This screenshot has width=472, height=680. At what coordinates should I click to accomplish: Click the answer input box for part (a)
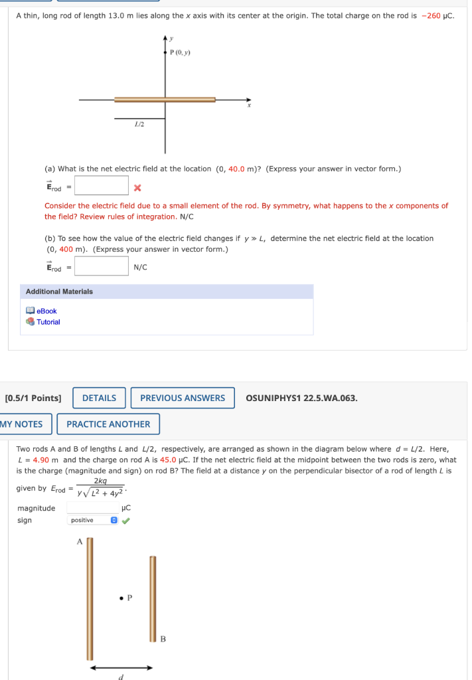(x=101, y=185)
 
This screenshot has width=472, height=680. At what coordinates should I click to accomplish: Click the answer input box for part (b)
(x=101, y=266)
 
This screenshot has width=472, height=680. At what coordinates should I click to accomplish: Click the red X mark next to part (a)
(x=137, y=187)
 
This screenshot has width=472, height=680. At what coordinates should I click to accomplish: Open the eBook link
(x=46, y=311)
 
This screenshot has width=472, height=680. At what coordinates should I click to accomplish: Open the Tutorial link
(x=48, y=322)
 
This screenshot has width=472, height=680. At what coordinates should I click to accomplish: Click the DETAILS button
(x=99, y=398)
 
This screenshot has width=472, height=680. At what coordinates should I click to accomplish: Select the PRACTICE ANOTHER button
(x=108, y=424)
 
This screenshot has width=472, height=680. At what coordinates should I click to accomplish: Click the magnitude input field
(x=92, y=508)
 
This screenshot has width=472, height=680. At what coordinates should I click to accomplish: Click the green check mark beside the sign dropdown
(x=125, y=520)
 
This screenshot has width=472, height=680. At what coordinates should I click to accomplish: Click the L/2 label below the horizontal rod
(x=139, y=124)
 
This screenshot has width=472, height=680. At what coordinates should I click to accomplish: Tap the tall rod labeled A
(x=90, y=598)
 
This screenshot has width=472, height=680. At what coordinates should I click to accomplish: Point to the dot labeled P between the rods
(x=121, y=598)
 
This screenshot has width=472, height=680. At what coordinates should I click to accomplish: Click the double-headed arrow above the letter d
(x=121, y=667)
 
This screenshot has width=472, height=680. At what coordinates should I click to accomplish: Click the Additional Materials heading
(x=59, y=292)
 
